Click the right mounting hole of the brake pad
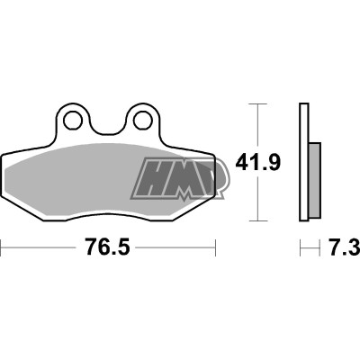click(140, 118)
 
